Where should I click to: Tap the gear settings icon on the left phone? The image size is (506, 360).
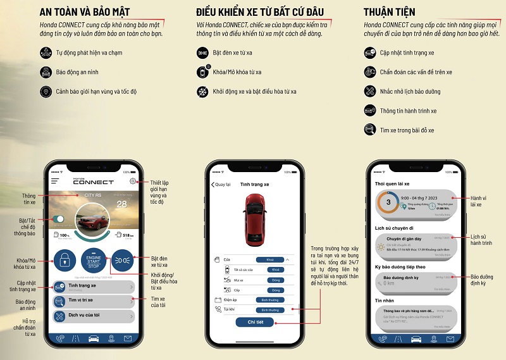(x=132, y=182)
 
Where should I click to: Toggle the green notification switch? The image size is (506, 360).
(x=59, y=219)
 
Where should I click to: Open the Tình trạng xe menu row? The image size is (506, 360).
(x=94, y=286)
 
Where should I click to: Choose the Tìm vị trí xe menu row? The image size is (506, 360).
(x=94, y=301)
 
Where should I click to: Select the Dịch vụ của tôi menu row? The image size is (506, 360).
(x=94, y=315)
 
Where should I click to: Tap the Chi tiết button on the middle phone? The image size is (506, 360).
(x=251, y=322)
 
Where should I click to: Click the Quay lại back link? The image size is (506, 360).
(x=220, y=184)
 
